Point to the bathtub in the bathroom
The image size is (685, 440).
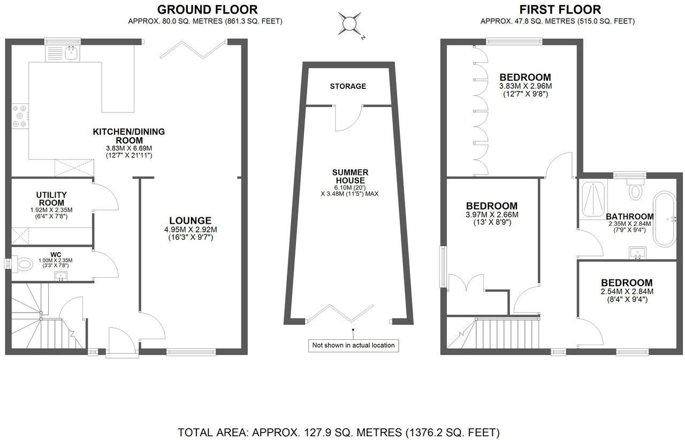click(665, 219)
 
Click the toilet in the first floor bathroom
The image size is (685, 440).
click(635, 191)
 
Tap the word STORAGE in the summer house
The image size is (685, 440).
click(348, 86)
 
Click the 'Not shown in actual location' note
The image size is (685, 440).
click(353, 345)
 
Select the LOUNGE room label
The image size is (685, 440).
click(190, 221)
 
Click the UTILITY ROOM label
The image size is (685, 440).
click(51, 199)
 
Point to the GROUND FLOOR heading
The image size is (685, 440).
click(207, 10)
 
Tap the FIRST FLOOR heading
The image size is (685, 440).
click(560, 10)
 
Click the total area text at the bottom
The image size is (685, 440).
click(338, 432)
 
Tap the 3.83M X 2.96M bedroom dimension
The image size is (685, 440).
click(525, 86)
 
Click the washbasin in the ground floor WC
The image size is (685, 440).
click(61, 276)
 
